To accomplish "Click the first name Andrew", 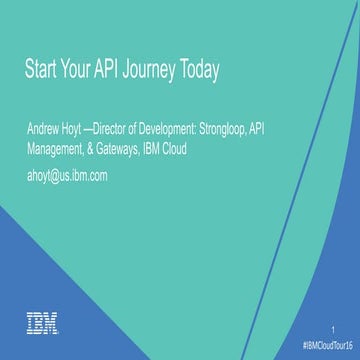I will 46,131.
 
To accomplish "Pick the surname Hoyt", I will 83,131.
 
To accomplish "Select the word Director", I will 128,131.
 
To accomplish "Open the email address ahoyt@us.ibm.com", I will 67,175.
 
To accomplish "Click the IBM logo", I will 42,322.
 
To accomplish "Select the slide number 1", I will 331,328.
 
